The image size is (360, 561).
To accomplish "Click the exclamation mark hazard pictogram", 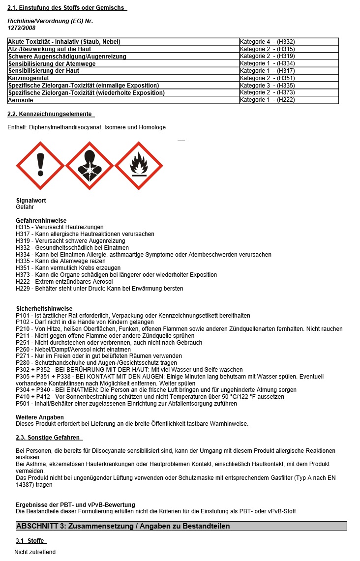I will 40,166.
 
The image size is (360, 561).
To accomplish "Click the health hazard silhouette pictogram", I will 90,166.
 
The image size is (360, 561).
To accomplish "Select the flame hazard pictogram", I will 138,166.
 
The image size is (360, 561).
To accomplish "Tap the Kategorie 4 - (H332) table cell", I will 267,42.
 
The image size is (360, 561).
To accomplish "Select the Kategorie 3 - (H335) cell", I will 267,86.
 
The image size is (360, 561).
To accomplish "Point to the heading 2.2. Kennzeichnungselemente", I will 50,114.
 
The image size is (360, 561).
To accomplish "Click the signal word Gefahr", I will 25,207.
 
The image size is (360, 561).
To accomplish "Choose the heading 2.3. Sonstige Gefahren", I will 45,438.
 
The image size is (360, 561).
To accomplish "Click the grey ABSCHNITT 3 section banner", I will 181,526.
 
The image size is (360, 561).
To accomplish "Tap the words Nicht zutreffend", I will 35,552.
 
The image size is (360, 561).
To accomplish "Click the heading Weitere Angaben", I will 40,417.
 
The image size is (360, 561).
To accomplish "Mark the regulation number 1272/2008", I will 22,28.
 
